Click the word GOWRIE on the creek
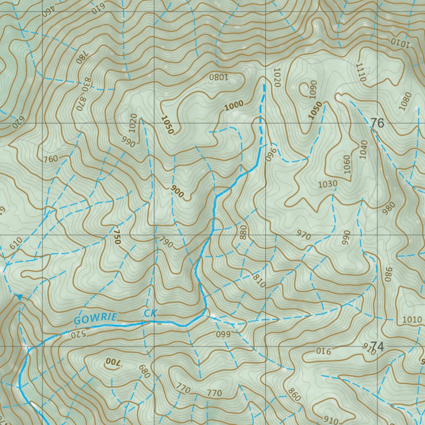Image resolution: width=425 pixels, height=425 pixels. (95, 319)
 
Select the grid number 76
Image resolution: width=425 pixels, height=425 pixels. (377, 123)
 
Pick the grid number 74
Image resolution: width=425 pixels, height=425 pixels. (377, 346)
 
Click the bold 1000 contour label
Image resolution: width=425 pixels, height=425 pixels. (234, 106)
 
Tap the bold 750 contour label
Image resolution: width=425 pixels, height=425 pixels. (117, 236)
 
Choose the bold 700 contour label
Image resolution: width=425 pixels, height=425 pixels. (112, 362)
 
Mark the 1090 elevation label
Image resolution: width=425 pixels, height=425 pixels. (313, 88)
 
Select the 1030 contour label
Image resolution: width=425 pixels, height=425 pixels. (327, 184)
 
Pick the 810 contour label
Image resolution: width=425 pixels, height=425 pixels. (258, 282)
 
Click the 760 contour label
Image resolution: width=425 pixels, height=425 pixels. (50, 159)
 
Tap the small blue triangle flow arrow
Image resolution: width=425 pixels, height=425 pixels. (19, 296)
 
